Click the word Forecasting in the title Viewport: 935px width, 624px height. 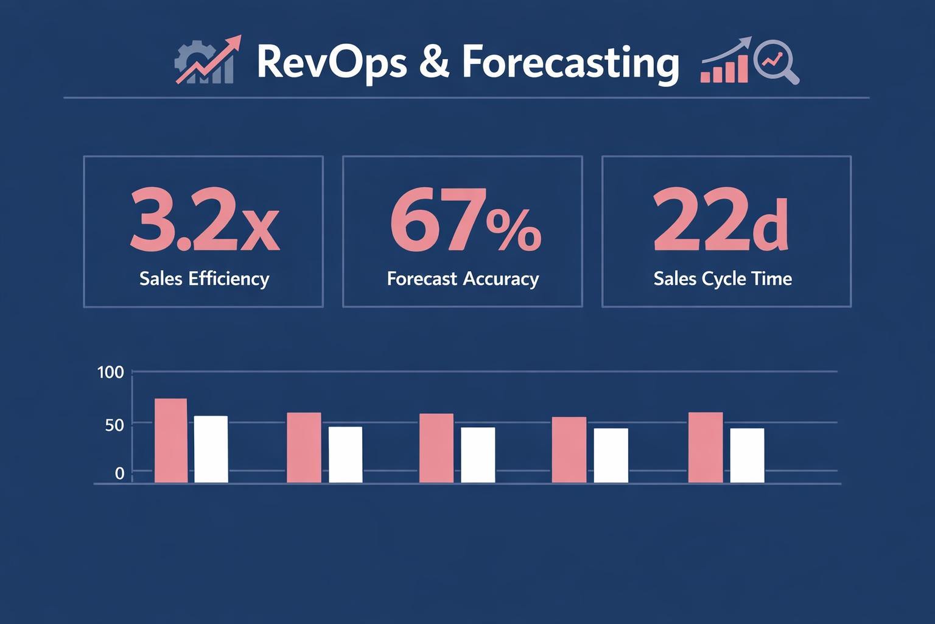pyautogui.click(x=570, y=63)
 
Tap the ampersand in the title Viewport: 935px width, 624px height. pyautogui.click(x=435, y=63)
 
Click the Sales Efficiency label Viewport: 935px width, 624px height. pyautogui.click(x=204, y=278)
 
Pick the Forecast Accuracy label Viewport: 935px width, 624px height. pyautogui.click(x=463, y=278)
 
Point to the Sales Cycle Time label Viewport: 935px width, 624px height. pyautogui.click(x=723, y=278)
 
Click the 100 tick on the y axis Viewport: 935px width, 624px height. pyautogui.click(x=110, y=372)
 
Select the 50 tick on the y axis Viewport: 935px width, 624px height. pyautogui.click(x=114, y=425)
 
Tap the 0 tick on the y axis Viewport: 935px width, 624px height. pyautogui.click(x=119, y=473)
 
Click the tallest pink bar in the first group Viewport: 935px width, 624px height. pyautogui.click(x=171, y=441)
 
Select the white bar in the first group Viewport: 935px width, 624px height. pyautogui.click(x=211, y=449)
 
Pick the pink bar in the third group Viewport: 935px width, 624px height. pyautogui.click(x=436, y=448)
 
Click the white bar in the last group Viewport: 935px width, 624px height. pyautogui.click(x=747, y=455)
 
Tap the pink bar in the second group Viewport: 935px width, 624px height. pyautogui.click(x=304, y=447)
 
